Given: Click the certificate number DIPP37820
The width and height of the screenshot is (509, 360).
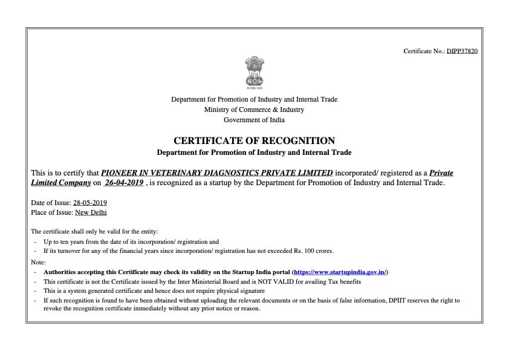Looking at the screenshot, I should (x=462, y=51).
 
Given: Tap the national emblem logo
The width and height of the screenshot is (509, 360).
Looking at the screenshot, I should (x=254, y=72).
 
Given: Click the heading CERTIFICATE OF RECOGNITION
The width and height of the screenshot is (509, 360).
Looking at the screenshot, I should (x=254, y=140).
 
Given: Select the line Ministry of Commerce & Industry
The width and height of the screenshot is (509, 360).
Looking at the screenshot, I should (x=254, y=110).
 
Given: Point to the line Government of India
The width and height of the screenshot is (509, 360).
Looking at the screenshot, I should (x=254, y=120).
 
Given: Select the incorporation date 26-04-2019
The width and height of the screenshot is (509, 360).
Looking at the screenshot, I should (x=123, y=183).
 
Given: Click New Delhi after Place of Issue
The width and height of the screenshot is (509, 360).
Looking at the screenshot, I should (x=91, y=212).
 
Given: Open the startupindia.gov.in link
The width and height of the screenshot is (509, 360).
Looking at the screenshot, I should (x=339, y=272).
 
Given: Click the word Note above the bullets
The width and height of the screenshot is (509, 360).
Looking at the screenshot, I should (x=37, y=261).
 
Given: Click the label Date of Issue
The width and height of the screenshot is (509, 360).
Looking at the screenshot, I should (x=50, y=203).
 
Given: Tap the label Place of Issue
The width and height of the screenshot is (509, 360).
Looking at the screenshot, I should (x=51, y=212).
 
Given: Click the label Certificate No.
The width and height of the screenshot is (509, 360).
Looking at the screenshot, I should (x=424, y=51).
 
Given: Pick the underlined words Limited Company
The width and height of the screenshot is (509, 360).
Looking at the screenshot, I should (x=60, y=183).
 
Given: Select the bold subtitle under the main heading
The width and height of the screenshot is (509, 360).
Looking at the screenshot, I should (x=254, y=152).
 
